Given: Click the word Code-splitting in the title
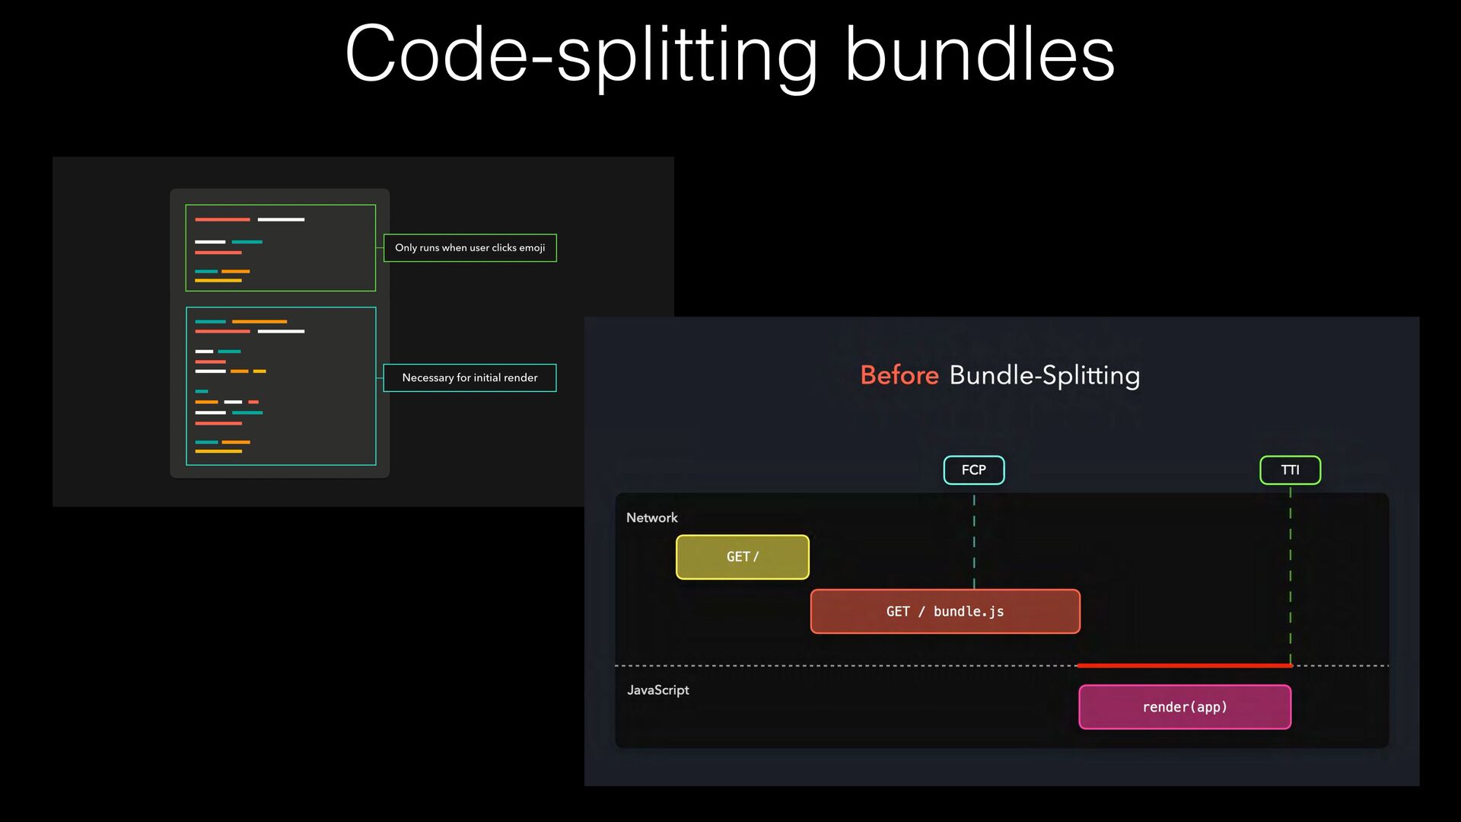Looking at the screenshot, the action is tap(581, 55).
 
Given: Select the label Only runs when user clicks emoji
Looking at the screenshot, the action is tap(470, 248).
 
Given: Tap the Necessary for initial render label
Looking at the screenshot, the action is tap(469, 378).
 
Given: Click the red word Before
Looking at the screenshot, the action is tap(899, 375).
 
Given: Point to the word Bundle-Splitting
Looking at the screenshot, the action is tap(1045, 376).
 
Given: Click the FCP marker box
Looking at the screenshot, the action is tap(974, 470).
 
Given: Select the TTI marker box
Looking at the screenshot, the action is tap(1291, 470).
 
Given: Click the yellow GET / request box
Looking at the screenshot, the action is tap(743, 557).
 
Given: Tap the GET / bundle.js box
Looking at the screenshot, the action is tap(945, 612).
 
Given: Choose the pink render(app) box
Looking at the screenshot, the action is tap(1185, 707).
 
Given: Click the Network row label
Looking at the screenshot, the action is tap(652, 518).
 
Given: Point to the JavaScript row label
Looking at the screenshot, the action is tap(658, 690).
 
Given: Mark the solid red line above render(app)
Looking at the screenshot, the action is tap(1185, 666).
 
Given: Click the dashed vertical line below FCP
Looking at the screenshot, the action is tap(974, 542).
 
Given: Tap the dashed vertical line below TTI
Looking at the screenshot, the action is tap(1291, 577).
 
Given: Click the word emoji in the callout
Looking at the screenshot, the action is tap(532, 248).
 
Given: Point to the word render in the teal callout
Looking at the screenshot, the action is tap(520, 378).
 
